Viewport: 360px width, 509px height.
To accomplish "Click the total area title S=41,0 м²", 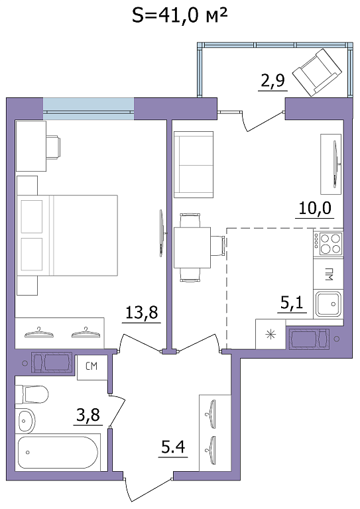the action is (x=179, y=15).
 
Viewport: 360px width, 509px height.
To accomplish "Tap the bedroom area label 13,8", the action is (x=141, y=313).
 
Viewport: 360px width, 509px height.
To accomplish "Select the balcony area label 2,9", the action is (x=273, y=81).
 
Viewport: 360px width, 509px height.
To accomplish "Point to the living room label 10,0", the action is (x=315, y=208).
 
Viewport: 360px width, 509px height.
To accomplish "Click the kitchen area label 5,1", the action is (x=292, y=303).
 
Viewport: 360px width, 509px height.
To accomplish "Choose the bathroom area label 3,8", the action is (x=88, y=415).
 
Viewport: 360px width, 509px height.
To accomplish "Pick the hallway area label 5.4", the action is (x=173, y=447).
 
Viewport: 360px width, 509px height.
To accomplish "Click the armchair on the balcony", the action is (x=317, y=72).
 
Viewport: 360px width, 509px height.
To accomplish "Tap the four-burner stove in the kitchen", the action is (x=328, y=244).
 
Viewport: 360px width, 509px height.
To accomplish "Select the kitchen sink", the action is (x=329, y=304).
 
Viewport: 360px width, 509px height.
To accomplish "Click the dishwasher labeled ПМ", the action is (x=328, y=273).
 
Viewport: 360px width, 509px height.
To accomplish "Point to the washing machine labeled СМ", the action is (x=92, y=367).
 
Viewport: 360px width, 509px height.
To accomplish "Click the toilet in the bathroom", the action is (x=32, y=394).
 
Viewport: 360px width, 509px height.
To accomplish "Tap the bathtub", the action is (x=58, y=453).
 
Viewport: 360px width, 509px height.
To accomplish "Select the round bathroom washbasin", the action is (x=25, y=420).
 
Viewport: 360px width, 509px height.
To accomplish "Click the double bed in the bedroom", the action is (x=67, y=235).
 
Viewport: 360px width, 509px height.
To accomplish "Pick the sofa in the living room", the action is (x=194, y=164).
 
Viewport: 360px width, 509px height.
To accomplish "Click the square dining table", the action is (x=192, y=248).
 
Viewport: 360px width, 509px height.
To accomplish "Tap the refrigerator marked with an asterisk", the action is (x=270, y=334).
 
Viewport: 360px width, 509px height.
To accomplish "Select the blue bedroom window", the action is (x=88, y=109).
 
